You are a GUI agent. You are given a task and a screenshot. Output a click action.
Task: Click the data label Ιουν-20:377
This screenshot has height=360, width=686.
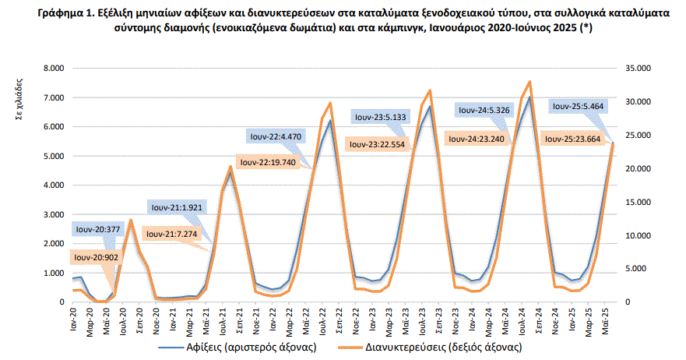coord(98,229)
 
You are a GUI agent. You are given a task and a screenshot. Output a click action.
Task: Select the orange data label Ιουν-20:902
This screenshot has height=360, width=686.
coord(97,256)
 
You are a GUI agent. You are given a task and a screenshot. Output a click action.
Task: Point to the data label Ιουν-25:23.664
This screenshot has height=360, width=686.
coord(579,139)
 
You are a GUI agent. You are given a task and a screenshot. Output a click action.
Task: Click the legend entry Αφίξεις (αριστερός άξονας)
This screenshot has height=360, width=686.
coord(246,347)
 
